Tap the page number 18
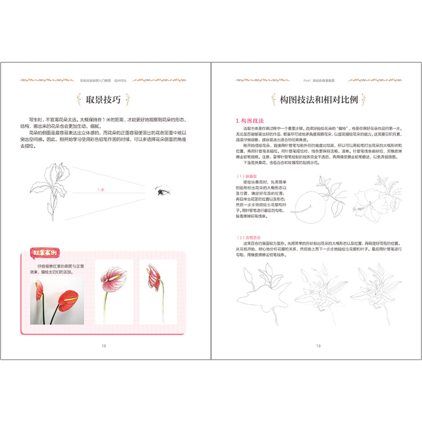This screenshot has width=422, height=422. coord(104,346)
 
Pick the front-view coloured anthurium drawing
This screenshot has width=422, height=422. coord(113,293)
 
